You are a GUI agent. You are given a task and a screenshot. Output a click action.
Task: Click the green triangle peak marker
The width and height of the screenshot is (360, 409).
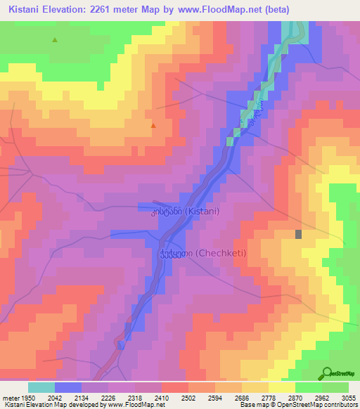coord(54,40)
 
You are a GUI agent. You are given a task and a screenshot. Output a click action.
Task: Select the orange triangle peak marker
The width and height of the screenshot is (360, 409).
coord(153,126)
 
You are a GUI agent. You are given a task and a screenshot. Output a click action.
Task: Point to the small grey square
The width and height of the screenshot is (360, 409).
coord(299,235)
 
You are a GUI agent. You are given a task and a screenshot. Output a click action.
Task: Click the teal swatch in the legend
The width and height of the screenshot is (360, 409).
coord(41,387)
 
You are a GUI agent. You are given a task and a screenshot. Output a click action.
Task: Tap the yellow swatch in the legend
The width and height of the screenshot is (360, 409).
coord(281,387)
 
